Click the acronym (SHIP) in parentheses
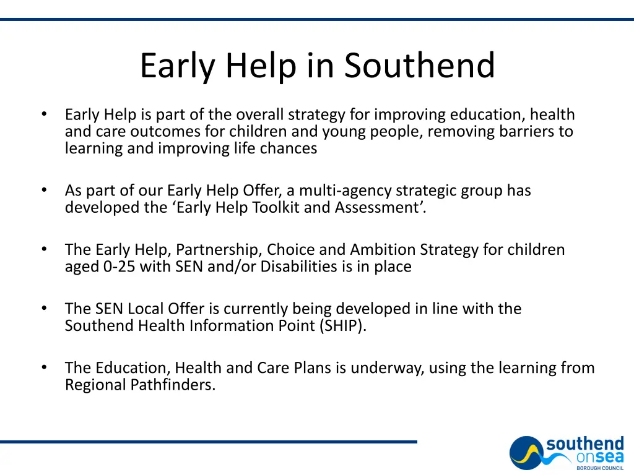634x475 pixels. pyautogui.click(x=343, y=325)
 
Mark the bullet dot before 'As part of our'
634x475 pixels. pyautogui.click(x=44, y=190)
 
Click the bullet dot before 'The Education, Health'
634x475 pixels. pyautogui.click(x=44, y=368)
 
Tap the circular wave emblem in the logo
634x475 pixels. pyautogui.click(x=527, y=453)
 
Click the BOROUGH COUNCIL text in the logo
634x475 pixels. pyautogui.click(x=600, y=468)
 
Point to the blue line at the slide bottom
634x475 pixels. pyautogui.click(x=208, y=442)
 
